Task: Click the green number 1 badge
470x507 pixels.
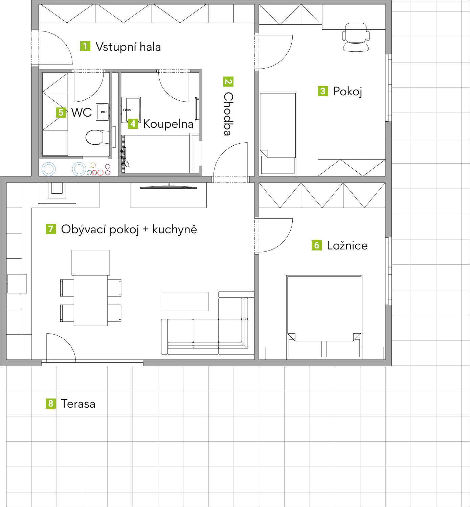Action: pyautogui.click(x=85, y=46)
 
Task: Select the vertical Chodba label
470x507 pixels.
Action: pyautogui.click(x=228, y=114)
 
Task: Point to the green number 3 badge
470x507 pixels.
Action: pyautogui.click(x=323, y=91)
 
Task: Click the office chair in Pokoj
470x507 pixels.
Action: pyautogui.click(x=356, y=37)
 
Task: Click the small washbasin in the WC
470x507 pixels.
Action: pyautogui.click(x=102, y=112)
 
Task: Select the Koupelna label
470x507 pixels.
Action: pyautogui.click(x=168, y=124)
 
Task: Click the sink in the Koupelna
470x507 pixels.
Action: pyautogui.click(x=131, y=110)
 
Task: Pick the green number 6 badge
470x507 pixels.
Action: pyautogui.click(x=317, y=245)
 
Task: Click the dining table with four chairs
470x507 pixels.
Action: pyautogui.click(x=91, y=300)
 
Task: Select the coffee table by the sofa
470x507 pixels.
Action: pyautogui.click(x=185, y=301)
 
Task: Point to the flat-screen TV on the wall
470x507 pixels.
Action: pyautogui.click(x=169, y=187)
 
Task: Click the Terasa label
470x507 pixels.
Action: pyautogui.click(x=78, y=404)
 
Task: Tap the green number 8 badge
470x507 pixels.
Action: pyautogui.click(x=51, y=404)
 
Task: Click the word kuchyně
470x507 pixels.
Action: pyautogui.click(x=175, y=229)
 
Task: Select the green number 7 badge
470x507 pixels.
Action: pyautogui.click(x=51, y=229)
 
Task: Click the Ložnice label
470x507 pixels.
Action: pyautogui.click(x=347, y=245)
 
